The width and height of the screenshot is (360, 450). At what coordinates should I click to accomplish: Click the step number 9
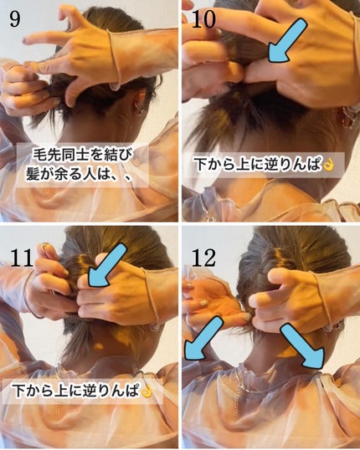14,18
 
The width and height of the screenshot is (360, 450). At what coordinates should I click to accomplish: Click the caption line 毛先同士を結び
81,156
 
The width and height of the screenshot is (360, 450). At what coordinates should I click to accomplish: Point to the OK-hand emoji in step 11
148,391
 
